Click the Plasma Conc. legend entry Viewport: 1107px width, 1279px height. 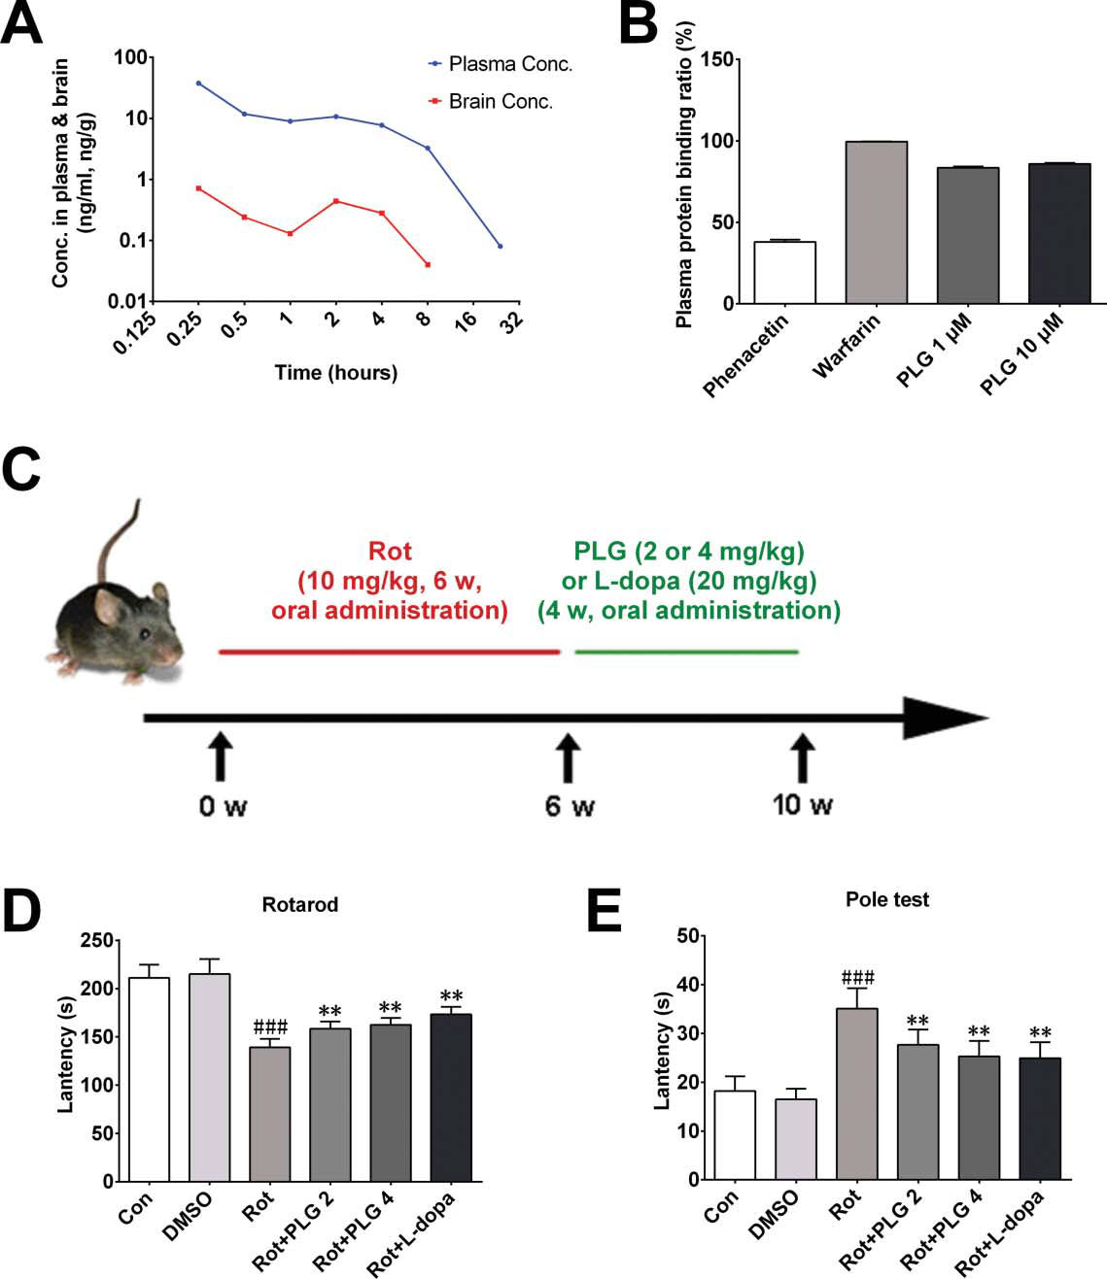click(501, 64)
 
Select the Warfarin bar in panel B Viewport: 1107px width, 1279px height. click(876, 222)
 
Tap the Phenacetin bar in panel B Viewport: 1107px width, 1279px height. click(784, 272)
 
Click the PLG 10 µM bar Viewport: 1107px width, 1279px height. click(1058, 233)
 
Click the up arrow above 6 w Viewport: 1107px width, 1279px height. click(567, 757)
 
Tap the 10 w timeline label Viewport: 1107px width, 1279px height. click(802, 805)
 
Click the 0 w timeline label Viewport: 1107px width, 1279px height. click(223, 806)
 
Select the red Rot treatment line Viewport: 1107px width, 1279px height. click(389, 652)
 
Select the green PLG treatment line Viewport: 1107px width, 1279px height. click(686, 652)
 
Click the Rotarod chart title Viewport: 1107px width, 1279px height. click(299, 904)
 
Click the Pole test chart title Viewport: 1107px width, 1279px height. click(886, 899)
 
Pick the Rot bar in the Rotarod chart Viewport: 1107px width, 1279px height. click(269, 1114)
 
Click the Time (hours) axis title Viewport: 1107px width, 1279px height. click(335, 373)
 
